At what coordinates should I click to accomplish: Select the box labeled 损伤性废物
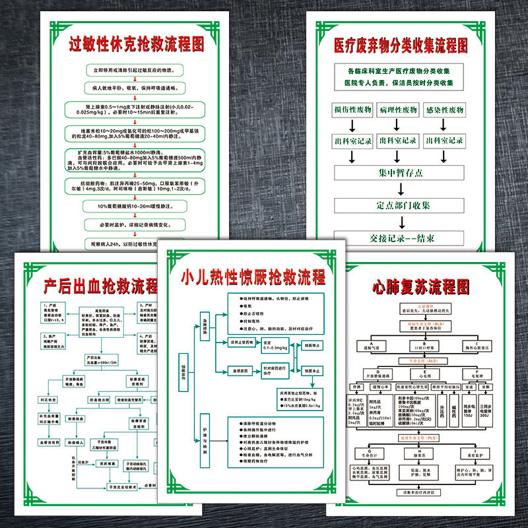pyautogui.click(x=352, y=110)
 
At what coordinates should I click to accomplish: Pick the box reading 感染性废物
pyautogui.click(x=444, y=110)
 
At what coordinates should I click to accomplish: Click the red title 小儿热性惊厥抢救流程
pyautogui.click(x=253, y=277)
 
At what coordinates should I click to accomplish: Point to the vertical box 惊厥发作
pyautogui.click(x=183, y=378)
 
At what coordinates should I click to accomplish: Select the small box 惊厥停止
pyautogui.click(x=313, y=345)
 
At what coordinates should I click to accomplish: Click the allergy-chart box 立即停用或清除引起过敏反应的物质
pyautogui.click(x=137, y=70)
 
